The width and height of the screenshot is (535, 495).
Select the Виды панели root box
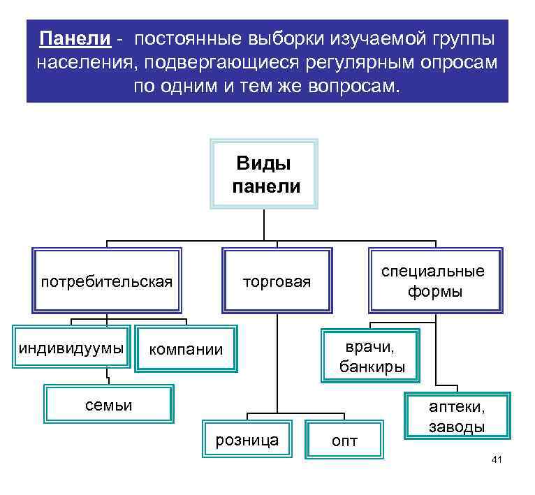[264, 174]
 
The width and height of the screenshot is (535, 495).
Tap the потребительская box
[107, 281]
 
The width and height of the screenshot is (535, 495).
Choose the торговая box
[277, 281]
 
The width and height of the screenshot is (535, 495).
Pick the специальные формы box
[435, 281]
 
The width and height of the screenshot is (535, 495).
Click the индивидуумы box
[71, 347]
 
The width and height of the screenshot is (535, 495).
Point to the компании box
[186, 348]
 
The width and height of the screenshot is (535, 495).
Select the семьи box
[108, 404]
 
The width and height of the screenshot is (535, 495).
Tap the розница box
[247, 439]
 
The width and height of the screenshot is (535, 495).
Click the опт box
[344, 440]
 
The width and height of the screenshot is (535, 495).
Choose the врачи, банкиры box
[371, 356]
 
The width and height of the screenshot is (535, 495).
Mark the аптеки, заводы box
[457, 416]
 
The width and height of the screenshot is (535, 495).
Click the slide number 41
[497, 459]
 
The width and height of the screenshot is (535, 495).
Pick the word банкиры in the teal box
[372, 367]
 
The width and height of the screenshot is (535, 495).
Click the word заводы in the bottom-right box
[457, 426]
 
